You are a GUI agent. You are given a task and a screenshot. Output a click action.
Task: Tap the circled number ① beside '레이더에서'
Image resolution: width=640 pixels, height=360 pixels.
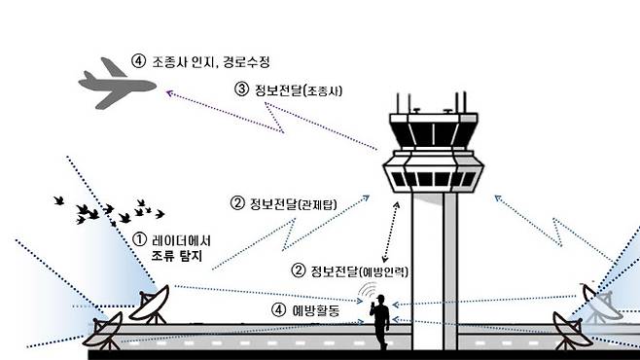(x=139, y=239)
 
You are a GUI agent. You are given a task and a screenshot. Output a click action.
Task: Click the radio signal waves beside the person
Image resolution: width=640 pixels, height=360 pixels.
(x=368, y=293)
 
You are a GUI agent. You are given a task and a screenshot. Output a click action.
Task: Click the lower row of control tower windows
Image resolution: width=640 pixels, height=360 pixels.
(x=431, y=179)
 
